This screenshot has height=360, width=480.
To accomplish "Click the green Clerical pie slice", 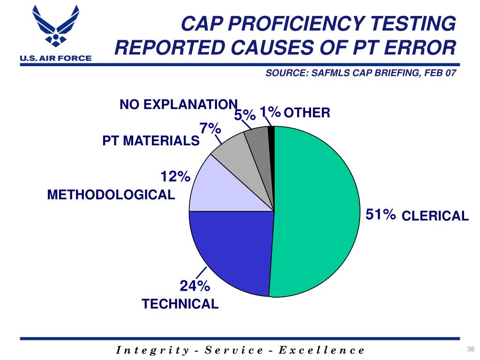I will (x=319, y=211).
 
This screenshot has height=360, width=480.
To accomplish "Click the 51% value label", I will (x=381, y=215).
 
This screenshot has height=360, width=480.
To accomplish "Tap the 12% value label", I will (x=175, y=177).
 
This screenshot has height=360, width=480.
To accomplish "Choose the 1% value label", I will (x=270, y=112).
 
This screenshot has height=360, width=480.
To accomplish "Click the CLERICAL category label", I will (x=435, y=216).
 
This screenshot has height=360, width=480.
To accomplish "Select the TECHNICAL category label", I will (x=180, y=304).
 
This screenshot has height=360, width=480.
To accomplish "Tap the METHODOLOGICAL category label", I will (x=111, y=195).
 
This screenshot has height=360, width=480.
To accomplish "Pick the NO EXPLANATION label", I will (x=179, y=104).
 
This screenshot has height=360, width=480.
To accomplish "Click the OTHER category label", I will (x=307, y=113).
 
